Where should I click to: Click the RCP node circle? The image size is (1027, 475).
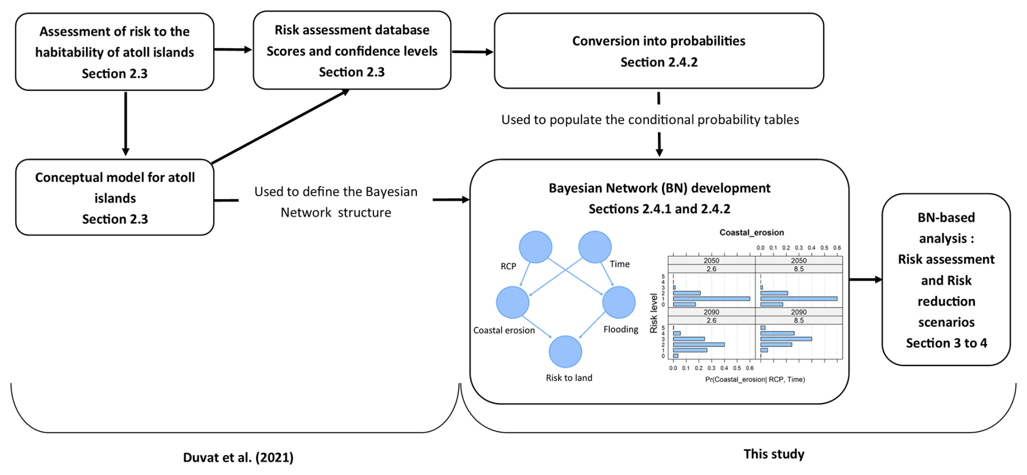point(535,247)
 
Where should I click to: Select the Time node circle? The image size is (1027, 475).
point(595,247)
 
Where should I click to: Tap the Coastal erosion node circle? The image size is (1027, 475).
point(512,302)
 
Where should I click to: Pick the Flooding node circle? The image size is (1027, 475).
point(619,302)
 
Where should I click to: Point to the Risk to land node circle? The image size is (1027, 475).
point(566,352)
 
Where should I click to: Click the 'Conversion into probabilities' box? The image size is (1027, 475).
point(658,51)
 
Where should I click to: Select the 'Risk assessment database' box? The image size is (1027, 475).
point(352,50)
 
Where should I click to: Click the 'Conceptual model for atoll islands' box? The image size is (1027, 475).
point(115,198)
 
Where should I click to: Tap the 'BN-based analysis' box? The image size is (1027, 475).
point(946,280)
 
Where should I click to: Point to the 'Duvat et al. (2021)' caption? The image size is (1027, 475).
point(238,458)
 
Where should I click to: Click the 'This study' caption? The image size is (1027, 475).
point(774,454)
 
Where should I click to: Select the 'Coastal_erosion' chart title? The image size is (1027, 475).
point(751,233)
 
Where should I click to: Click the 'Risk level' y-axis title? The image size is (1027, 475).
point(654,313)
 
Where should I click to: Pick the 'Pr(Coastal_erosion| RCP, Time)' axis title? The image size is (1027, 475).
point(755,379)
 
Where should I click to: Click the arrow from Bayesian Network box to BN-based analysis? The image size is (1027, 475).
point(865,280)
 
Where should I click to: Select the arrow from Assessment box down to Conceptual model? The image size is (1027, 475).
point(125,124)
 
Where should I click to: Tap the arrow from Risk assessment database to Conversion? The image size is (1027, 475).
point(472,52)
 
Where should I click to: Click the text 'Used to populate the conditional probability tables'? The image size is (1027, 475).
point(650,120)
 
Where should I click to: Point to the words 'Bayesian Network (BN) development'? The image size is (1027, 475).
point(659,188)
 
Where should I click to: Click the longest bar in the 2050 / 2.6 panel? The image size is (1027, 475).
point(711,299)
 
